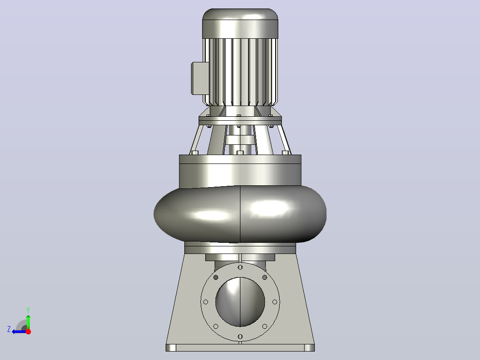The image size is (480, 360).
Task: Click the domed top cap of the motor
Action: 240,23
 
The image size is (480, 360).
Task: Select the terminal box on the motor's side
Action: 199,78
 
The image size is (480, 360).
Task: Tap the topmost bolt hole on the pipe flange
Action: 240,267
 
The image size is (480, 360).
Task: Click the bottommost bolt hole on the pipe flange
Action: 240,337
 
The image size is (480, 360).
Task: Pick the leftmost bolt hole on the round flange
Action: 206,302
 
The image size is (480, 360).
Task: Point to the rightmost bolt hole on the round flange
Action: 275,302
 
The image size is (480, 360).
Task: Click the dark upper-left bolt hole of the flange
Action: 216,277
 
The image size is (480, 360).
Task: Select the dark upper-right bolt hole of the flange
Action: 265,277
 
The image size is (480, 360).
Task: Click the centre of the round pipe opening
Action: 240,302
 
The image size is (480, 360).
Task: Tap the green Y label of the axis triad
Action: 28,310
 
